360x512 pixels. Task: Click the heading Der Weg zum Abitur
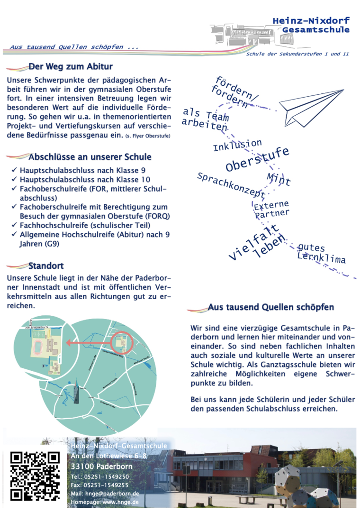(70, 67)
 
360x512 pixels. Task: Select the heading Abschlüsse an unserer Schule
(90, 157)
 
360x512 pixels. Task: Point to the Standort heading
(45, 266)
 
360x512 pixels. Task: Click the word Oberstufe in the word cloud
(257, 160)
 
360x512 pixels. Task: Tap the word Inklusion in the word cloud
(237, 145)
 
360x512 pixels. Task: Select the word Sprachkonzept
(231, 185)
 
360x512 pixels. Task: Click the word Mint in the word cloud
(279, 179)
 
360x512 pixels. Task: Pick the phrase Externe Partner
(271, 210)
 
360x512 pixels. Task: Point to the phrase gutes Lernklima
(321, 254)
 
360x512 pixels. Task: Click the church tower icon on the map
(77, 392)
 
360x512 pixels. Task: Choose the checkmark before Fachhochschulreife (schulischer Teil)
(14, 225)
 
